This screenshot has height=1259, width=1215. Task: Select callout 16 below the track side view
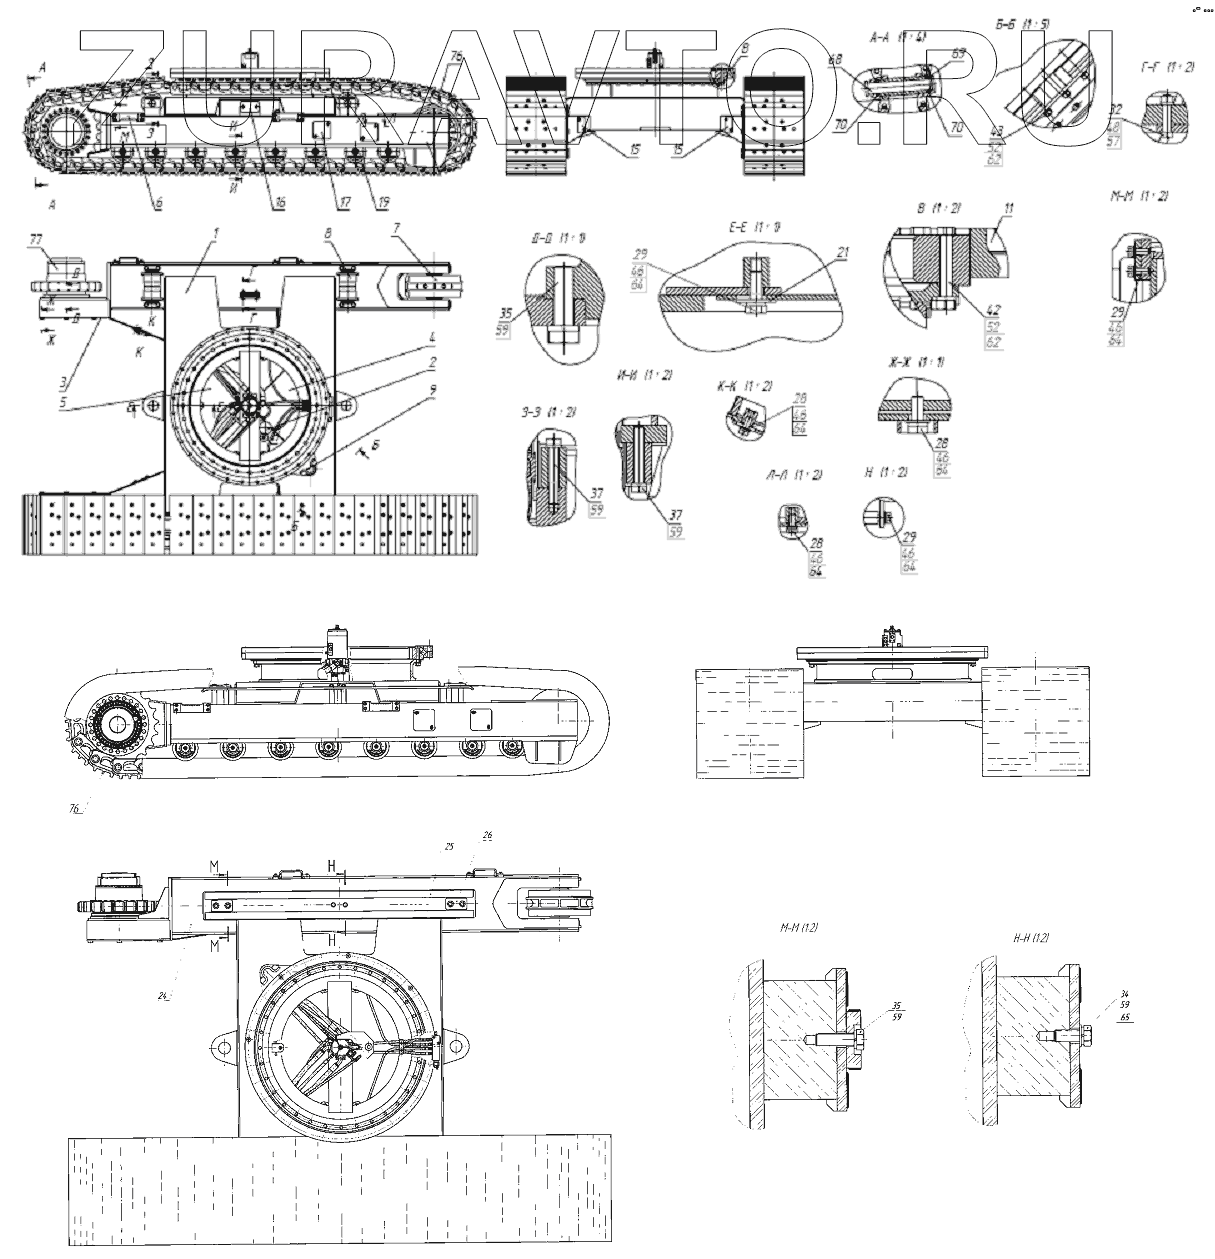click(x=279, y=201)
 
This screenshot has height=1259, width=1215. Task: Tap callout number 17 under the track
click(x=345, y=201)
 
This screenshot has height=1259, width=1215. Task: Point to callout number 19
click(x=383, y=201)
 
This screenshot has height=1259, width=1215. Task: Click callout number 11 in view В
click(x=1009, y=209)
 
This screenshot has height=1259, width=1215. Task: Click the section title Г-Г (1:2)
click(x=1167, y=66)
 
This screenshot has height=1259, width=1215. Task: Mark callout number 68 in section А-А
click(x=837, y=59)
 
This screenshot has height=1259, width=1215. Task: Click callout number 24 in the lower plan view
click(x=160, y=995)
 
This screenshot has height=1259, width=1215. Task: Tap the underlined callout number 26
click(x=487, y=836)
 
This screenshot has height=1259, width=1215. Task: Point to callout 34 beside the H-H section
click(x=1097, y=993)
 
